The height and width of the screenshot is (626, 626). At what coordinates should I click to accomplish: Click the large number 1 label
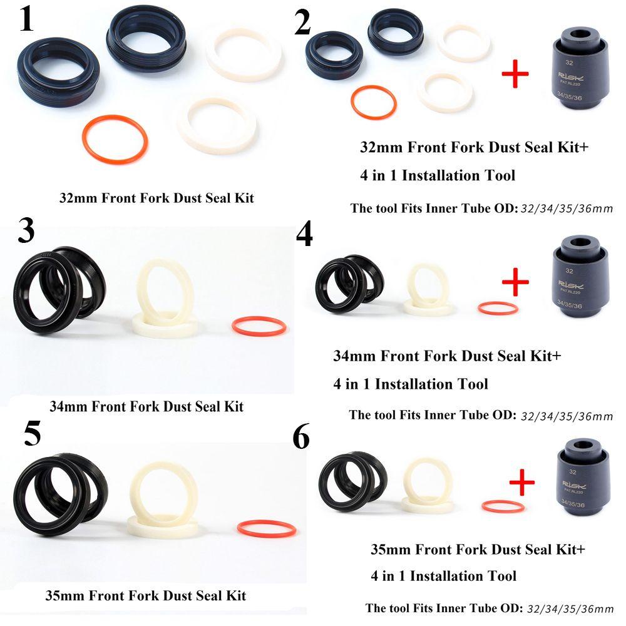[x=26, y=20]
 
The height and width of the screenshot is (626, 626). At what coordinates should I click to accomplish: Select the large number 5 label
[x=33, y=433]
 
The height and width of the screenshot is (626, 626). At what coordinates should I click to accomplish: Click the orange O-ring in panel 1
[x=115, y=138]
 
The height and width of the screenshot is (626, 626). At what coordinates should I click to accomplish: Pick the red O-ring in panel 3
[x=259, y=326]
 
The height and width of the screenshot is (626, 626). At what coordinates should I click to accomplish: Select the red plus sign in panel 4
[x=516, y=283]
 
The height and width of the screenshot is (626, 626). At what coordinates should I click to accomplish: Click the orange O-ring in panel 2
[x=373, y=103]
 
